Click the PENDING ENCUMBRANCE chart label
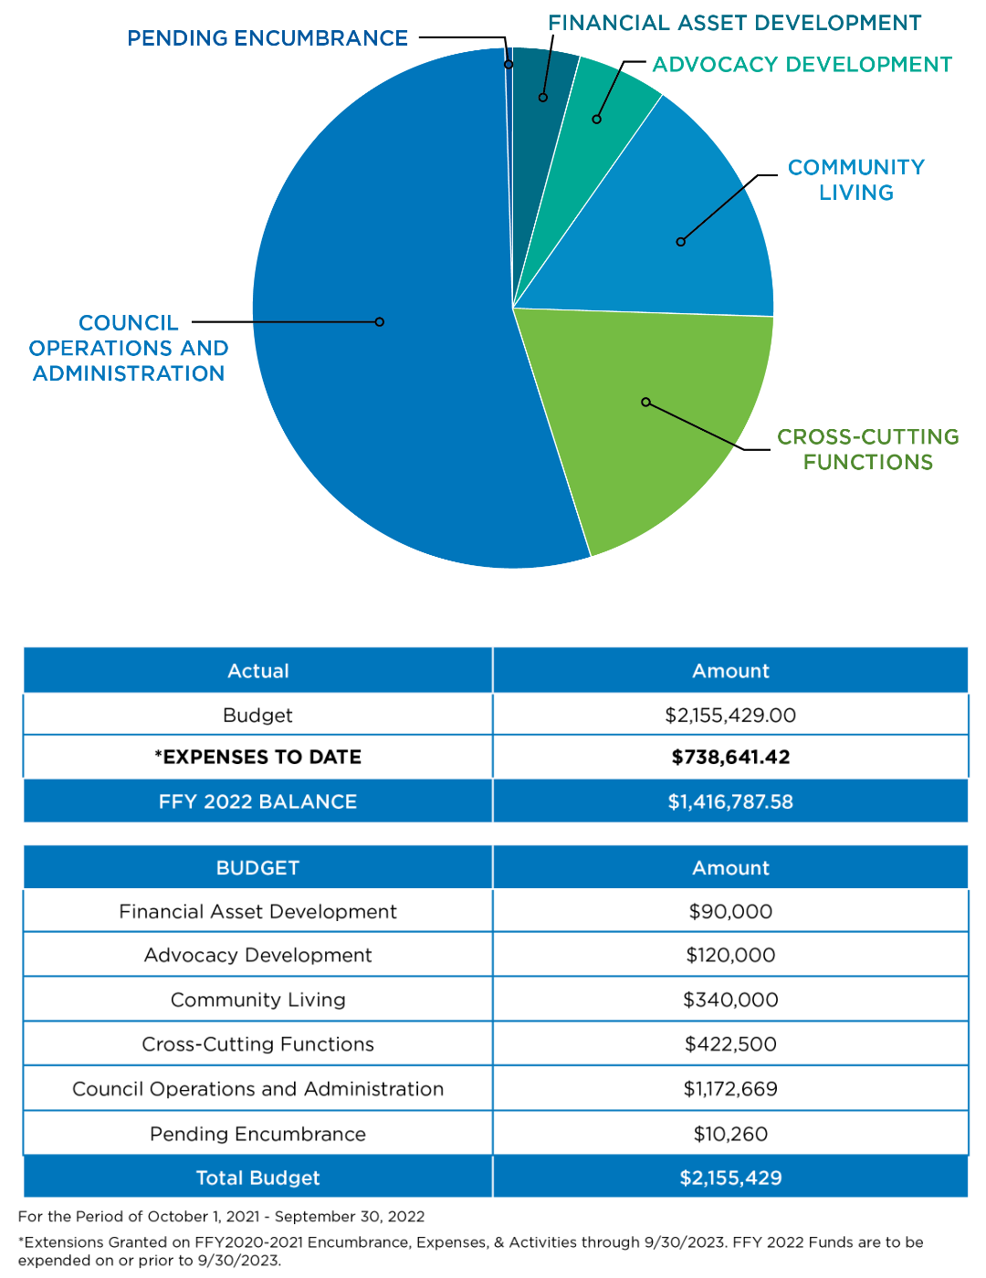[x=267, y=38]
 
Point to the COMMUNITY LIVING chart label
[x=856, y=180]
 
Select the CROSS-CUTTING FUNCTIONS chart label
[x=867, y=449]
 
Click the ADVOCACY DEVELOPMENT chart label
[x=802, y=65]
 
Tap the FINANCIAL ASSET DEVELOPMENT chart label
[x=734, y=23]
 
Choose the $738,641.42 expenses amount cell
[x=730, y=757]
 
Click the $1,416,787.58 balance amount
[x=730, y=801]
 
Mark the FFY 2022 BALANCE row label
[x=257, y=801]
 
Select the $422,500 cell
[x=730, y=1044]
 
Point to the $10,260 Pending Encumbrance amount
[x=730, y=1134]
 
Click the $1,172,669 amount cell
[x=730, y=1089]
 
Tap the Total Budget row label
[x=257, y=1178]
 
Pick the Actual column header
[x=257, y=671]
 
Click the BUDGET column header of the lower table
[x=257, y=868]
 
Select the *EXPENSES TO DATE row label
[x=257, y=757]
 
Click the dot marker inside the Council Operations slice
[x=380, y=322]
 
